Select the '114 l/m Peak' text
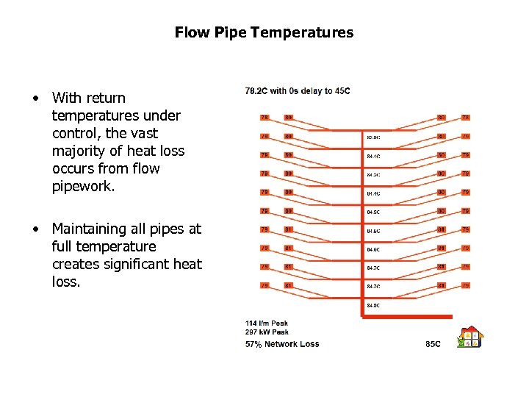tap(267, 323)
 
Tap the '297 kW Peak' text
tap(267, 332)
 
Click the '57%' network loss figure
tap(253, 344)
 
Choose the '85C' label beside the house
tap(433, 344)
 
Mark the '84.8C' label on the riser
tap(374, 305)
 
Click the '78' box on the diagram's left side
tap(264, 117)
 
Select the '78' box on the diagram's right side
tap(465, 117)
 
